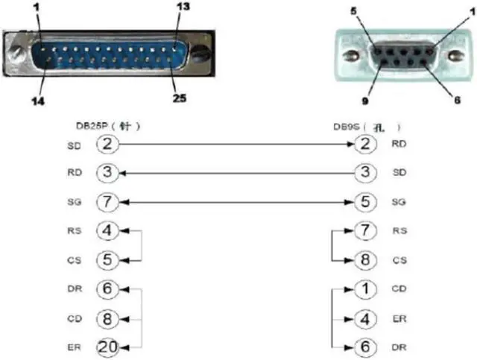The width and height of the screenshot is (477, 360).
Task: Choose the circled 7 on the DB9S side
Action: point(364,231)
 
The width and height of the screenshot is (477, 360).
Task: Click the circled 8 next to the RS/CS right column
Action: point(364,260)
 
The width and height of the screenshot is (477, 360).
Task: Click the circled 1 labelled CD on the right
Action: point(364,288)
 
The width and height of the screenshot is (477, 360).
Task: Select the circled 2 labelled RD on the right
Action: point(364,144)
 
